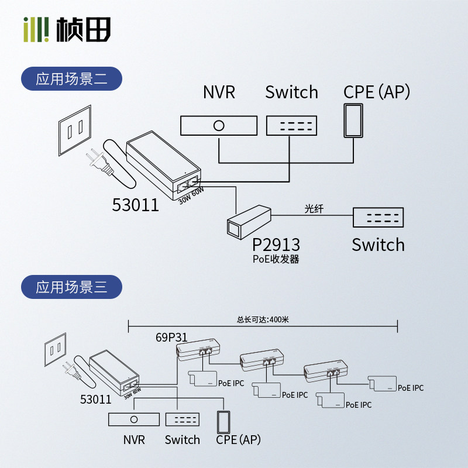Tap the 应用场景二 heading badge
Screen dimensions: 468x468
coord(71,79)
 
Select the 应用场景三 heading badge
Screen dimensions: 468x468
coord(71,287)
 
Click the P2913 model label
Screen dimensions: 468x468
coord(276,244)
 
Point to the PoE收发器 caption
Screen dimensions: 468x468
coord(276,259)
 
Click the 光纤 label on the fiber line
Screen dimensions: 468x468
coord(314,208)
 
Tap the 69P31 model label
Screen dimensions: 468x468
coord(171,338)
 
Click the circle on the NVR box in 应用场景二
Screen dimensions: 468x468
coord(219,125)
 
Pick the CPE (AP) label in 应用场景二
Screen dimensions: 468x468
coord(376,92)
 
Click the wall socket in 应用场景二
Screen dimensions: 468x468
coord(75,130)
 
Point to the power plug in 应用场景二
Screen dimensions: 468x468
coord(97,161)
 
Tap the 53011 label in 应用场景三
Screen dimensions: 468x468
coord(95,400)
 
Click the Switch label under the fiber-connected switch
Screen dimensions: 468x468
coord(378,245)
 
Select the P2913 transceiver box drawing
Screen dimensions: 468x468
coord(248,221)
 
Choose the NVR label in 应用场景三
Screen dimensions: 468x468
coord(134,439)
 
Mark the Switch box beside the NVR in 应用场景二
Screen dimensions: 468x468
coord(291,125)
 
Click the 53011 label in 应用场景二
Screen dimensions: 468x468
coord(135,205)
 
